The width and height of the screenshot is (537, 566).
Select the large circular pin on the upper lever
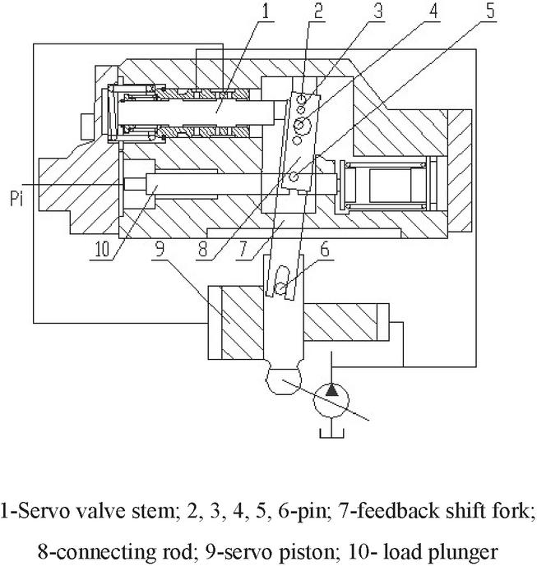[x=303, y=123]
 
